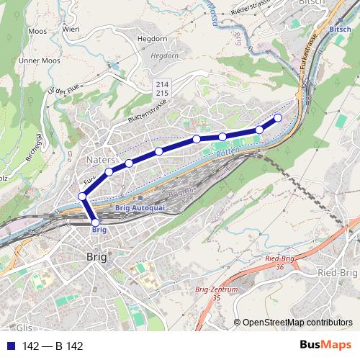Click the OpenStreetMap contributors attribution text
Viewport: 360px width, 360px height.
(x=297, y=323)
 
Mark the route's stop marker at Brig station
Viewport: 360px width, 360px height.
(x=95, y=222)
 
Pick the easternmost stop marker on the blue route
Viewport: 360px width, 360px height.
(x=278, y=118)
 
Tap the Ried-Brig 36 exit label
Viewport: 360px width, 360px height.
(x=280, y=261)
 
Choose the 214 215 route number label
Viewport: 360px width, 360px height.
(x=163, y=89)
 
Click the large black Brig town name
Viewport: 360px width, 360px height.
(x=96, y=256)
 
